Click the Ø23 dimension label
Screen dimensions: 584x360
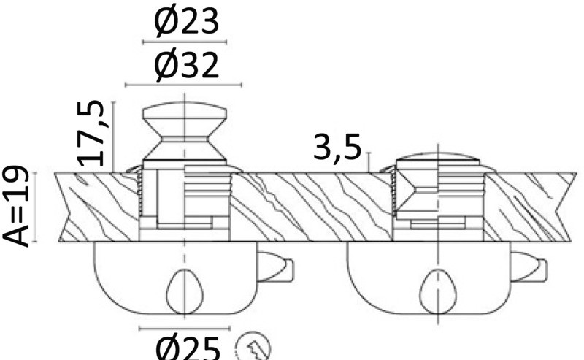186,22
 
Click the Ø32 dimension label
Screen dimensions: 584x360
186,65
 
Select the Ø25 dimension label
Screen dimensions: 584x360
188,348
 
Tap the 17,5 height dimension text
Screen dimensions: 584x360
91,133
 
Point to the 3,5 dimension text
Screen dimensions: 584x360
337,148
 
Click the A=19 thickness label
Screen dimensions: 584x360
15,206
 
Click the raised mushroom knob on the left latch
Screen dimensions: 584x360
185,131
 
